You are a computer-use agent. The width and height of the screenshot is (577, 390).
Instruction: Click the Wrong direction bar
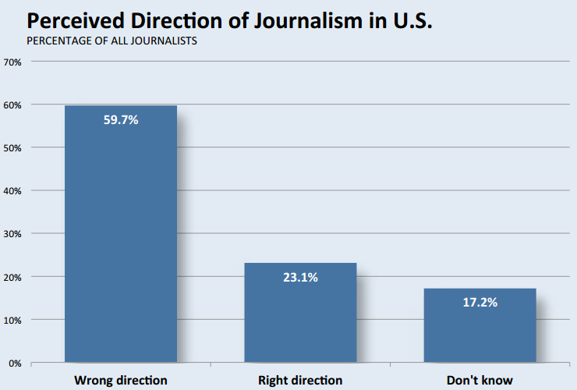click(121, 234)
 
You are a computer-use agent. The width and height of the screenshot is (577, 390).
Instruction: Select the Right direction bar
click(300, 312)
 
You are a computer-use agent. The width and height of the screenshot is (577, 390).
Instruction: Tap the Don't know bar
click(480, 325)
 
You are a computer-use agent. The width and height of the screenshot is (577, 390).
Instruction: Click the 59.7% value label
click(121, 120)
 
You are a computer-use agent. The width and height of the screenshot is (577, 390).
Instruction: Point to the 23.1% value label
click(300, 277)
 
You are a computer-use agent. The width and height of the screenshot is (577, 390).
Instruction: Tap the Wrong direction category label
click(121, 381)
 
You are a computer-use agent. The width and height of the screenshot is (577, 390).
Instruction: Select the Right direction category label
click(300, 381)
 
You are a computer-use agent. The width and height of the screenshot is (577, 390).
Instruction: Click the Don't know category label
click(480, 381)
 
